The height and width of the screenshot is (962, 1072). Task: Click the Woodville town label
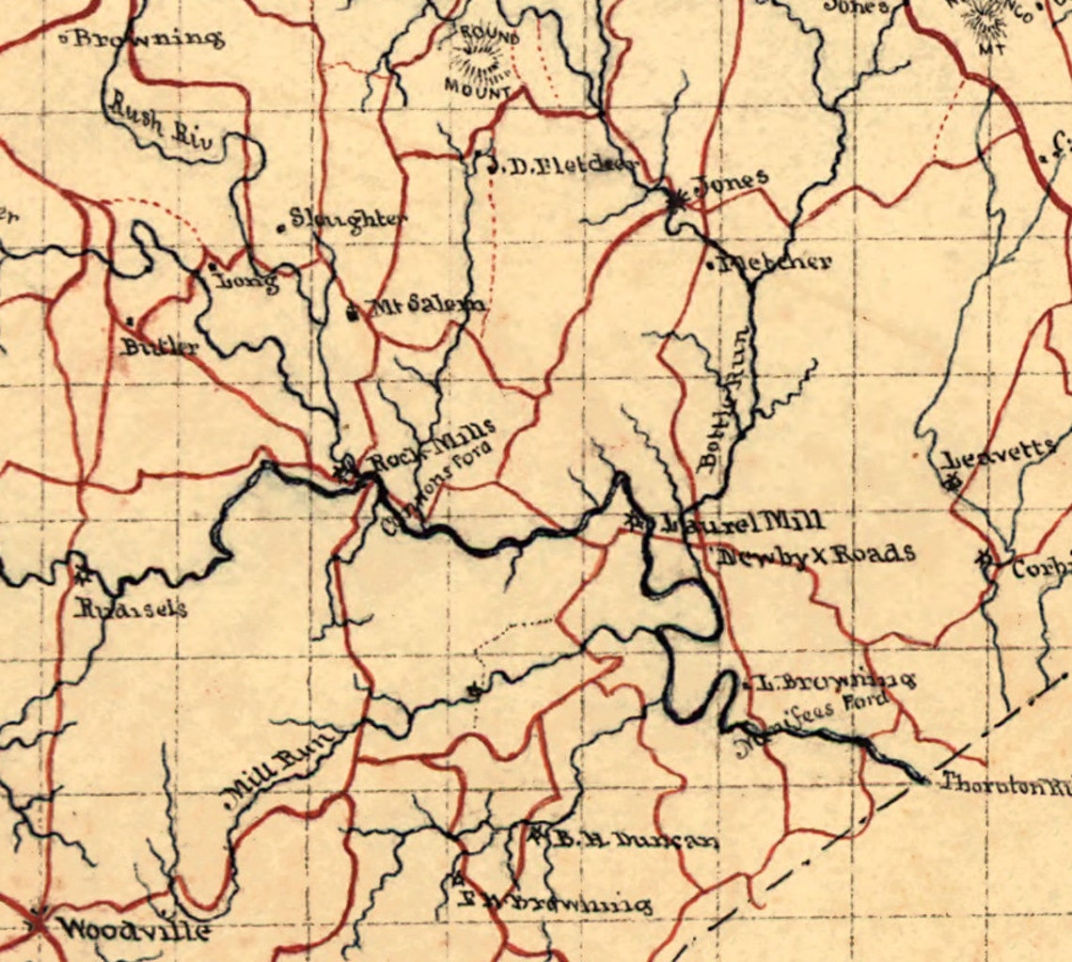[133, 930]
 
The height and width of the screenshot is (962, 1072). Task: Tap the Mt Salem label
[426, 305]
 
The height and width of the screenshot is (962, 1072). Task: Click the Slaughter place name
[348, 219]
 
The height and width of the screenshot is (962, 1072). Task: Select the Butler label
[160, 346]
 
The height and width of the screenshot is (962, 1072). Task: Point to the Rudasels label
[131, 608]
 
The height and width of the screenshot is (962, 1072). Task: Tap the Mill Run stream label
[274, 770]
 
